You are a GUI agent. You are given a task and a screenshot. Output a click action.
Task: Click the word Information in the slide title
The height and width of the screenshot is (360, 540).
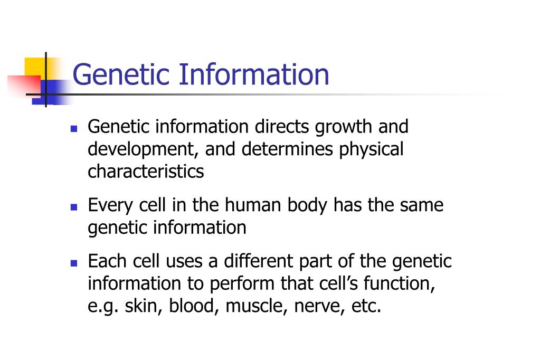[253, 74]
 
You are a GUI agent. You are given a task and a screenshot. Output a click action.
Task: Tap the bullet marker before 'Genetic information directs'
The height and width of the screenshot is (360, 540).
[74, 128]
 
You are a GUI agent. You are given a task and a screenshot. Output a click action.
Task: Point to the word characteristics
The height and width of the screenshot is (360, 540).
[146, 172]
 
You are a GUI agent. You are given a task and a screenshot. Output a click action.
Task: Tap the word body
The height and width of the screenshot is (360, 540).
[308, 205]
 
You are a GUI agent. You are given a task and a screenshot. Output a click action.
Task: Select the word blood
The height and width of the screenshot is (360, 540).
[192, 307]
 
